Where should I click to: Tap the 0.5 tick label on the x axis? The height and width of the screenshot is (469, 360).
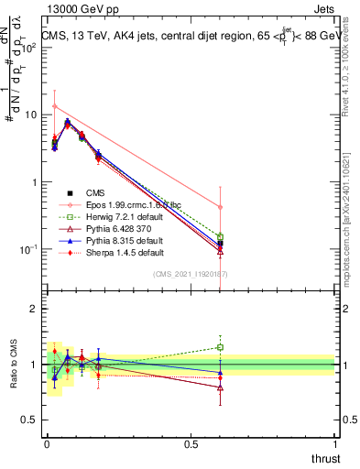click(191, 444)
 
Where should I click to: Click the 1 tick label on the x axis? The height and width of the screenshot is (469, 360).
click(335, 444)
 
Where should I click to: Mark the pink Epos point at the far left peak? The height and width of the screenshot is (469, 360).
click(55, 106)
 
